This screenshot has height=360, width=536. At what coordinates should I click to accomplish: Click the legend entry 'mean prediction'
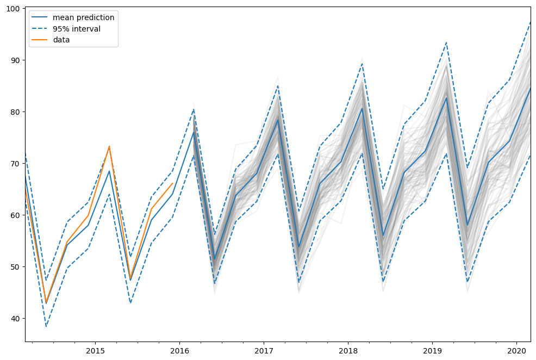(x=81, y=17)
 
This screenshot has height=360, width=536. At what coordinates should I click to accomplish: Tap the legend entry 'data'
(x=61, y=40)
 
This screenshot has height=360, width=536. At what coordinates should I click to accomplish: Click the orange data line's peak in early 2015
(x=109, y=146)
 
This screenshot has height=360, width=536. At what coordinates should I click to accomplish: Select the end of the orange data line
(x=172, y=183)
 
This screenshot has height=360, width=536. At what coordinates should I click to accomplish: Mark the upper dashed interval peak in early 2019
(x=446, y=42)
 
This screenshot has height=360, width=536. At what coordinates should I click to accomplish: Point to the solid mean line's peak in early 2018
(x=362, y=108)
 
